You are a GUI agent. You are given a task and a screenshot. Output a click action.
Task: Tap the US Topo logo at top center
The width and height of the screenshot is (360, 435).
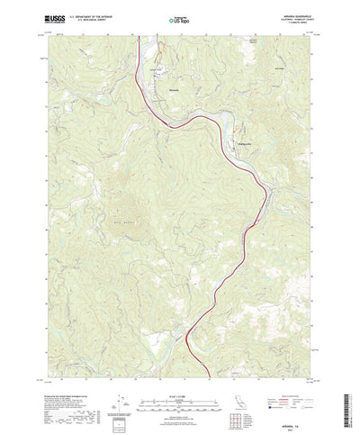pyautogui.click(x=179, y=18)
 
